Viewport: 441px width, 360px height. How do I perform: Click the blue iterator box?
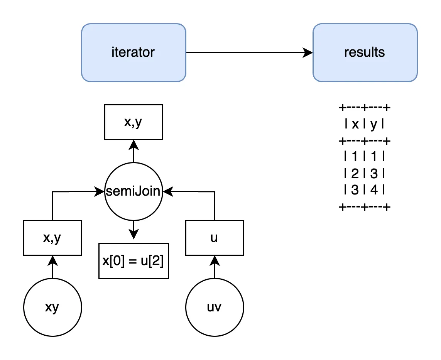click(x=133, y=52)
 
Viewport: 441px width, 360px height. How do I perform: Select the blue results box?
click(x=365, y=52)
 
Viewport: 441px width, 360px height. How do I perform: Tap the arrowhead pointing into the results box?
click(x=308, y=52)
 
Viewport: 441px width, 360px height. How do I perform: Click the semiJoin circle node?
click(x=133, y=191)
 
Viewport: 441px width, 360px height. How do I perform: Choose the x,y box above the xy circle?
click(x=52, y=238)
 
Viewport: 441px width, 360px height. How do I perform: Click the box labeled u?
click(x=215, y=238)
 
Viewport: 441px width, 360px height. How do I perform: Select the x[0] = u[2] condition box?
click(x=133, y=261)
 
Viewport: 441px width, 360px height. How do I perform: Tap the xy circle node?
click(x=52, y=308)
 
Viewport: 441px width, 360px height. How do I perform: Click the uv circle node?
click(x=215, y=308)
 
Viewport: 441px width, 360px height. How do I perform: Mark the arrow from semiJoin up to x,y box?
click(x=133, y=150)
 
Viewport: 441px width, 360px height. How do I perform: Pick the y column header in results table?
click(x=373, y=125)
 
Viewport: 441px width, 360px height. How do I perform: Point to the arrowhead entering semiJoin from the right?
click(x=167, y=191)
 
